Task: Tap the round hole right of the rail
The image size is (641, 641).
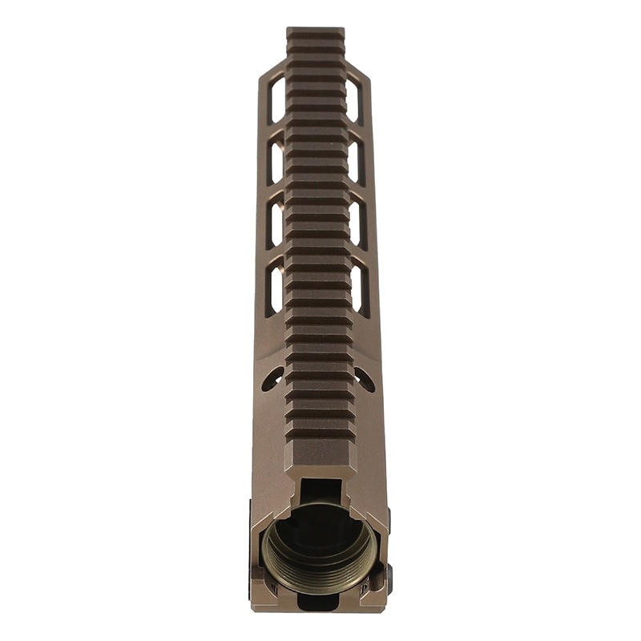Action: coord(365,379)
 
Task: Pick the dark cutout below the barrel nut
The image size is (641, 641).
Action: coord(320,603)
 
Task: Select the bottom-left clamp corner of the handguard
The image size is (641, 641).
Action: coord(260,597)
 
